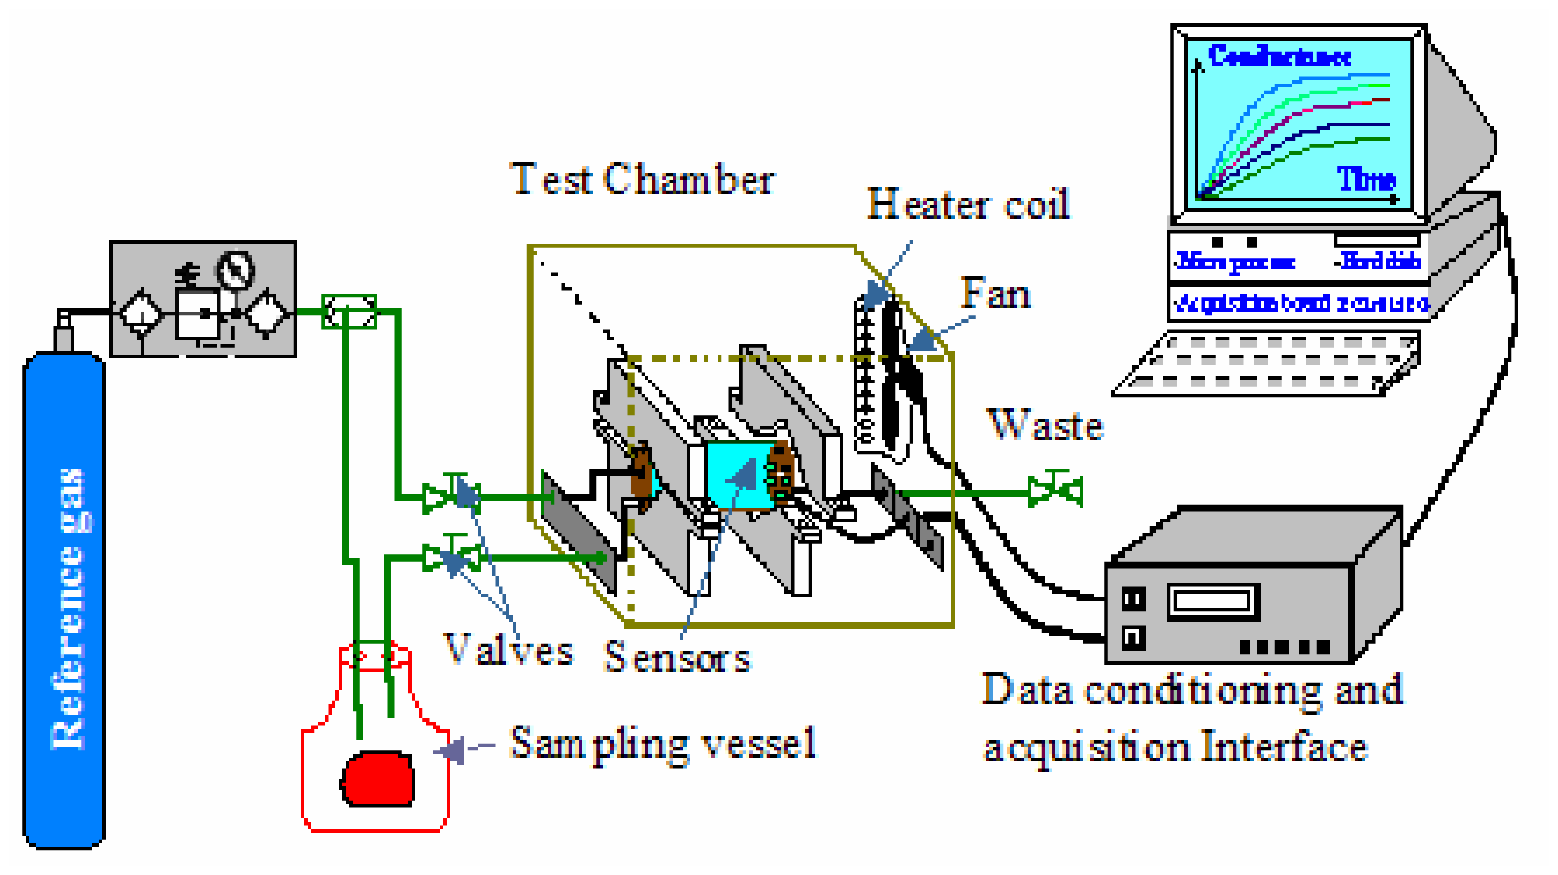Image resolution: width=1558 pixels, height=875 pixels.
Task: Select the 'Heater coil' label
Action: pos(968,204)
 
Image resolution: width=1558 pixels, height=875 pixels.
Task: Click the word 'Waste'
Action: pos(1045,425)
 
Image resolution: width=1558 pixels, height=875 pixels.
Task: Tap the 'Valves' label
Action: pos(508,650)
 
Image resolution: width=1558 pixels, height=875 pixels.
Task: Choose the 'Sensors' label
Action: pos(676,657)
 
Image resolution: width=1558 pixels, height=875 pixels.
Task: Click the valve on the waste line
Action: pos(1055,490)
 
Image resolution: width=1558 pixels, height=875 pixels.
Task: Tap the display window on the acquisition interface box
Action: pos(1213,601)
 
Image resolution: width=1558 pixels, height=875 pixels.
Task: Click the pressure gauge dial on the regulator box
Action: pos(235,269)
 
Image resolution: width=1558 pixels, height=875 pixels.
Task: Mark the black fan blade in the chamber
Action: pos(892,375)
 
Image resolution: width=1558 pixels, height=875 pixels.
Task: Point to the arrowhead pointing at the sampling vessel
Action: pos(451,750)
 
